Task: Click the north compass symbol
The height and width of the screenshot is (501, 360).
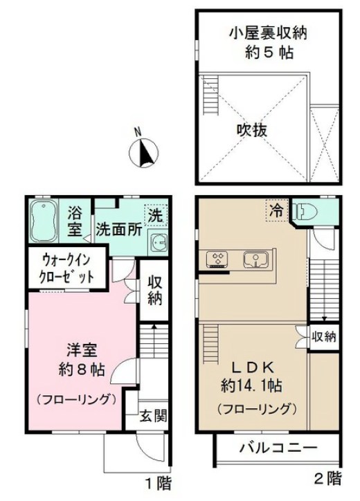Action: pyautogui.click(x=143, y=153)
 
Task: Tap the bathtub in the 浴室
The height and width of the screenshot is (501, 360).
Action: pyautogui.click(x=44, y=221)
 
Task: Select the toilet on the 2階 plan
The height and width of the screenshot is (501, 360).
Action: pyautogui.click(x=305, y=212)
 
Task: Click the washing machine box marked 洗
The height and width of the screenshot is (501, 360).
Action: pyautogui.click(x=156, y=215)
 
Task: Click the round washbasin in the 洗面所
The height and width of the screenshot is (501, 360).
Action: pyautogui.click(x=158, y=243)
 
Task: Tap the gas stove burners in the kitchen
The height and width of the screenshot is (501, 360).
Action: pyautogui.click(x=217, y=258)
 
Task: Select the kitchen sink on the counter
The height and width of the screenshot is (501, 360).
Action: pyautogui.click(x=255, y=259)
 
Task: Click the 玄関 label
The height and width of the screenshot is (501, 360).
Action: pyautogui.click(x=154, y=417)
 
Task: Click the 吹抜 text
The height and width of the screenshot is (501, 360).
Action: pyautogui.click(x=252, y=131)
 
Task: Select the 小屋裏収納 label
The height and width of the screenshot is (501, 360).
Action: pyautogui.click(x=268, y=33)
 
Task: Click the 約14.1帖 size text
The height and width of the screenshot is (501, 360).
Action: pyautogui.click(x=251, y=386)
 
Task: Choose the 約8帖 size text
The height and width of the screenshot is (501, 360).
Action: pyautogui.click(x=82, y=370)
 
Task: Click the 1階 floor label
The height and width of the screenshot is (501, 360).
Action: pyautogui.click(x=159, y=483)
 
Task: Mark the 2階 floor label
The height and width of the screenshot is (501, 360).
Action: pyautogui.click(x=328, y=478)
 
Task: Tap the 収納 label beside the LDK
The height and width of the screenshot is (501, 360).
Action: pyautogui.click(x=324, y=336)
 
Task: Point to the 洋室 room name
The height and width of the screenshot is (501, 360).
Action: pyautogui.click(x=82, y=350)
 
